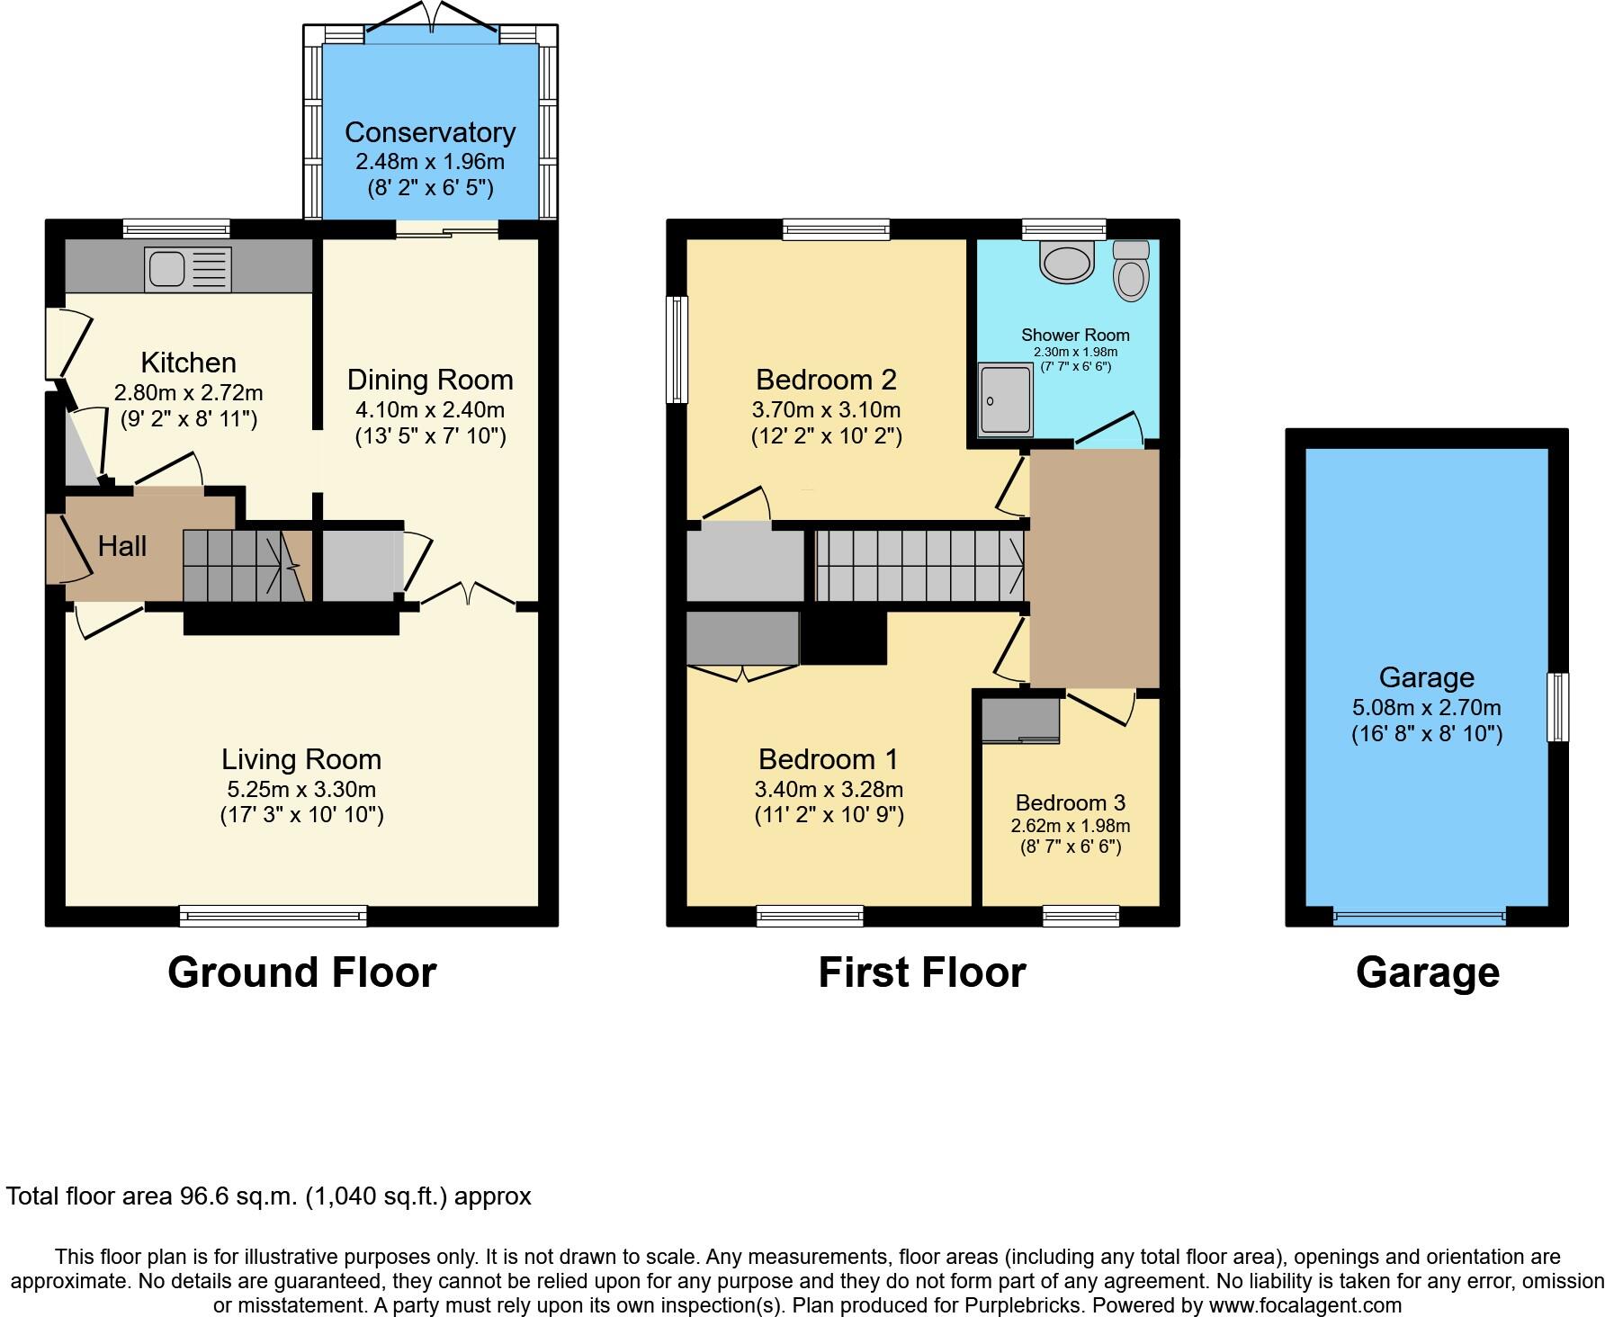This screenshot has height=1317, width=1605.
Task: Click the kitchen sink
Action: pos(188,269)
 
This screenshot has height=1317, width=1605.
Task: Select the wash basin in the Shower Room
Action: pos(1066,260)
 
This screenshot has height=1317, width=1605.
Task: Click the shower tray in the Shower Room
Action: pos(1006,399)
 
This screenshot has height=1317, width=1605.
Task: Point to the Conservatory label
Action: pos(430,132)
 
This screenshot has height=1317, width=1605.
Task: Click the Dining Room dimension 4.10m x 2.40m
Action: pos(430,410)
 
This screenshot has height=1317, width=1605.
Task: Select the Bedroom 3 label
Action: pos(1071,802)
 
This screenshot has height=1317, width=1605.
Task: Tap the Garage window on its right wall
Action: pos(1557,707)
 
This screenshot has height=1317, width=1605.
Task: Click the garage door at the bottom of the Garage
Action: pos(1419,917)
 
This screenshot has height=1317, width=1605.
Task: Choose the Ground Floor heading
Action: pos(301,972)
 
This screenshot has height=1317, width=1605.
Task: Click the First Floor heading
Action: pos(921,972)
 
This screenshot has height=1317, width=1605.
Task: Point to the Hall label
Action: pos(121,546)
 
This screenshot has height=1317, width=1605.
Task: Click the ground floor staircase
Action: pos(241,565)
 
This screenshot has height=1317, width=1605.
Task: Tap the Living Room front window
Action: pos(273,916)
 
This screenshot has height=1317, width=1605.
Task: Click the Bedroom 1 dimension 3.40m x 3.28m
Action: pos(829,789)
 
